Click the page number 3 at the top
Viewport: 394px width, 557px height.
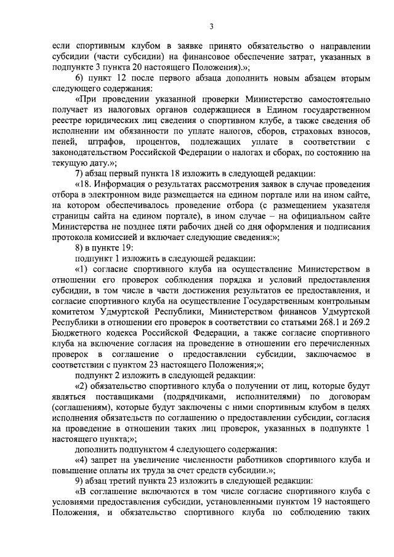[211, 26]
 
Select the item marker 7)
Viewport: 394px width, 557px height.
[79, 174]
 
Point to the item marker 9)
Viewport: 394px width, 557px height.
[79, 480]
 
